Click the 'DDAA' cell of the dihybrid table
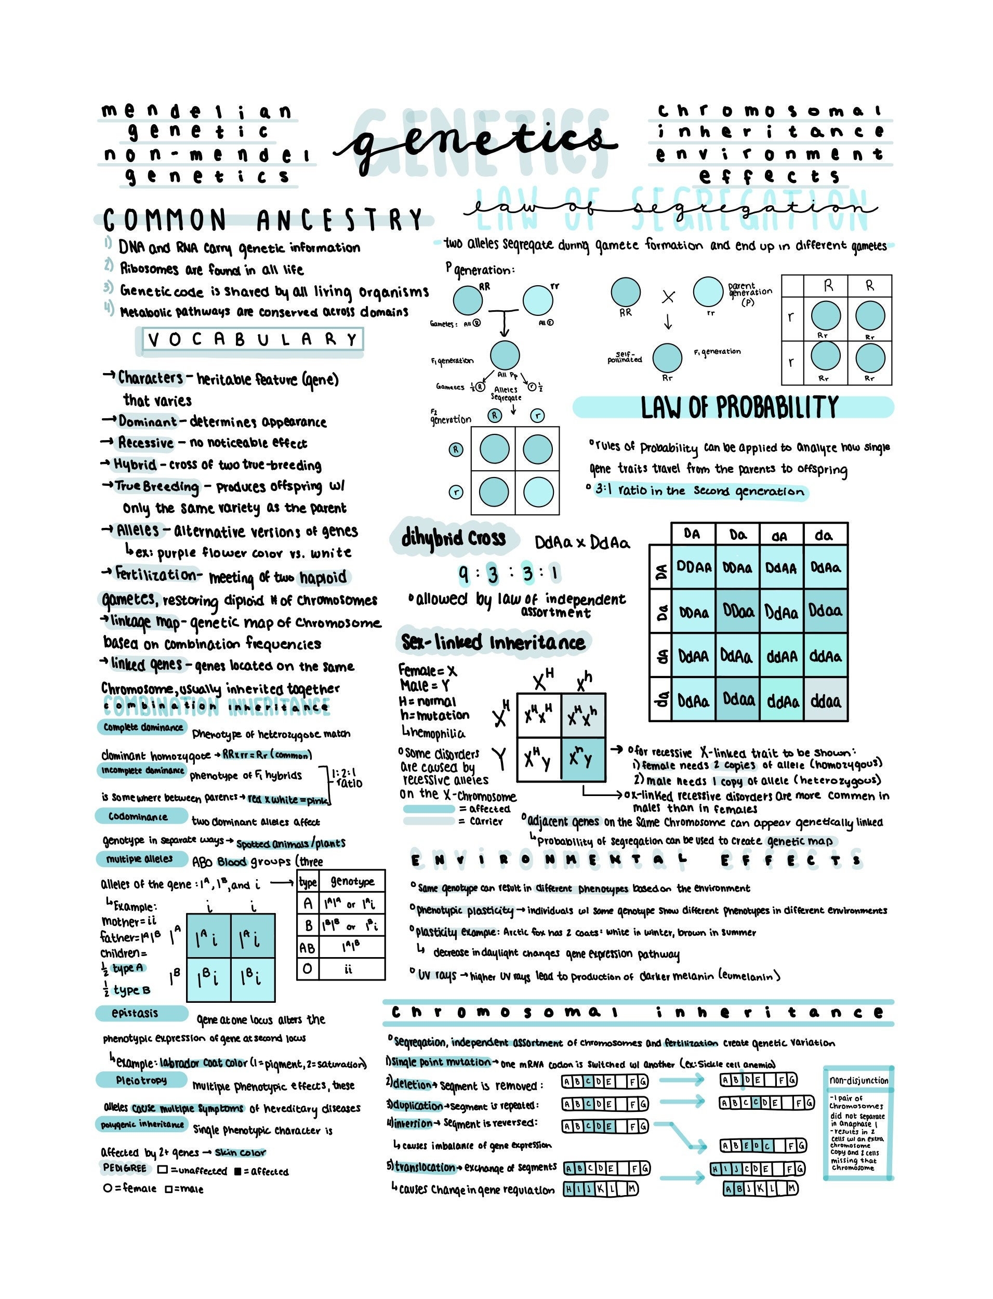click(x=694, y=567)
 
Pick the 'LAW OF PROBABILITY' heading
click(x=739, y=407)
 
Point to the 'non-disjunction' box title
click(x=858, y=1081)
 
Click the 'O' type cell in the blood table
click(x=308, y=969)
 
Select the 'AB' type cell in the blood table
click(x=308, y=948)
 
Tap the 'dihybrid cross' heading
click(x=453, y=538)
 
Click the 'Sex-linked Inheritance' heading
click(x=493, y=642)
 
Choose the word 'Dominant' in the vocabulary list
click(x=148, y=422)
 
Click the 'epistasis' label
click(x=135, y=1014)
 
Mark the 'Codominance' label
click(x=138, y=817)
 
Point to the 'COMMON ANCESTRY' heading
click(x=263, y=220)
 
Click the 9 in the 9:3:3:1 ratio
click(x=465, y=573)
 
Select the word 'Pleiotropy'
click(x=141, y=1080)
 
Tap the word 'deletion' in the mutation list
click(x=412, y=1084)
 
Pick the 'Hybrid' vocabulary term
click(x=135, y=465)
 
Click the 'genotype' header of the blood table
click(x=352, y=882)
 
